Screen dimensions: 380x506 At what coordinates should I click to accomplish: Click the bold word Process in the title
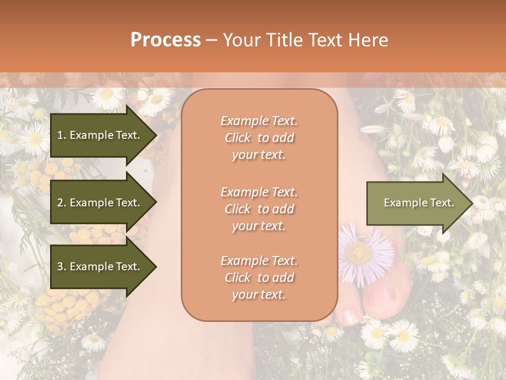click(166, 40)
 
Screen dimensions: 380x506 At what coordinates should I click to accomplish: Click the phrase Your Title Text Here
click(305, 40)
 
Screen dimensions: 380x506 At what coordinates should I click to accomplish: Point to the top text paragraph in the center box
click(259, 138)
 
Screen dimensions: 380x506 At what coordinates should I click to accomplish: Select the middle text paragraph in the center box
click(259, 209)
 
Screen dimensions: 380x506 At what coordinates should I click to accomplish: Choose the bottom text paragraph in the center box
click(259, 278)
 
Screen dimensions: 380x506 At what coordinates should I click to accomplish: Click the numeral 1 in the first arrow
click(60, 135)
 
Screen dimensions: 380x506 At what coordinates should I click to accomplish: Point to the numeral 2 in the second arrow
click(60, 203)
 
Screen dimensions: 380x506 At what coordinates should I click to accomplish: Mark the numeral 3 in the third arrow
click(60, 267)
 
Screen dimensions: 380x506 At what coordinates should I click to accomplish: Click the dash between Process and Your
click(211, 41)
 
